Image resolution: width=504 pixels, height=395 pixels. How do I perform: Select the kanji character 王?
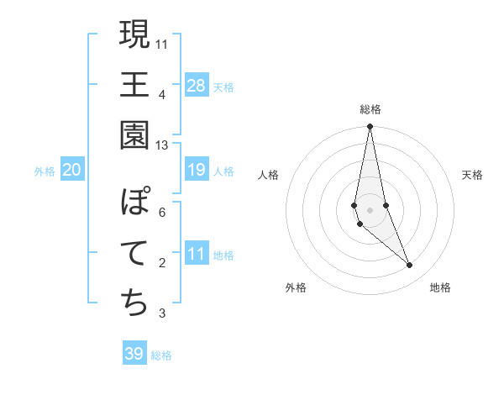click(x=134, y=84)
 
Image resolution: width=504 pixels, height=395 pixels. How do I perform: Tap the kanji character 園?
click(x=134, y=134)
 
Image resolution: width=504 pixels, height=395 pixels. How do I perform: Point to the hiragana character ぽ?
click(x=134, y=203)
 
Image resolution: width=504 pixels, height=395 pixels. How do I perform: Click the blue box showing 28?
click(x=197, y=85)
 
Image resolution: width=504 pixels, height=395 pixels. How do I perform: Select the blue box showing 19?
click(x=197, y=170)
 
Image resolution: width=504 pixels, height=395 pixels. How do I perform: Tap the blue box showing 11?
click(x=197, y=254)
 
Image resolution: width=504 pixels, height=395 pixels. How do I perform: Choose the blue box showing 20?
click(x=72, y=170)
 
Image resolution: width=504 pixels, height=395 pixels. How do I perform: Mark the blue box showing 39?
click(x=134, y=354)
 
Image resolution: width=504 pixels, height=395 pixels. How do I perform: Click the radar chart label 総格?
click(x=370, y=109)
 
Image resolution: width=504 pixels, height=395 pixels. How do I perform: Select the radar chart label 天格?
click(x=472, y=175)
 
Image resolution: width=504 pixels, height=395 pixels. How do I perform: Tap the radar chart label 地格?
click(x=440, y=287)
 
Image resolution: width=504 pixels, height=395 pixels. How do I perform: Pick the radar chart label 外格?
click(x=296, y=287)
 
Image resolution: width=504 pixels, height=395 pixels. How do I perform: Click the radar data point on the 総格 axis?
click(x=370, y=127)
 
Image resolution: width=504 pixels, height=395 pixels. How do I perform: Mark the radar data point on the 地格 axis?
click(x=410, y=266)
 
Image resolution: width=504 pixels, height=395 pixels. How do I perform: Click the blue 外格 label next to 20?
click(x=45, y=171)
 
